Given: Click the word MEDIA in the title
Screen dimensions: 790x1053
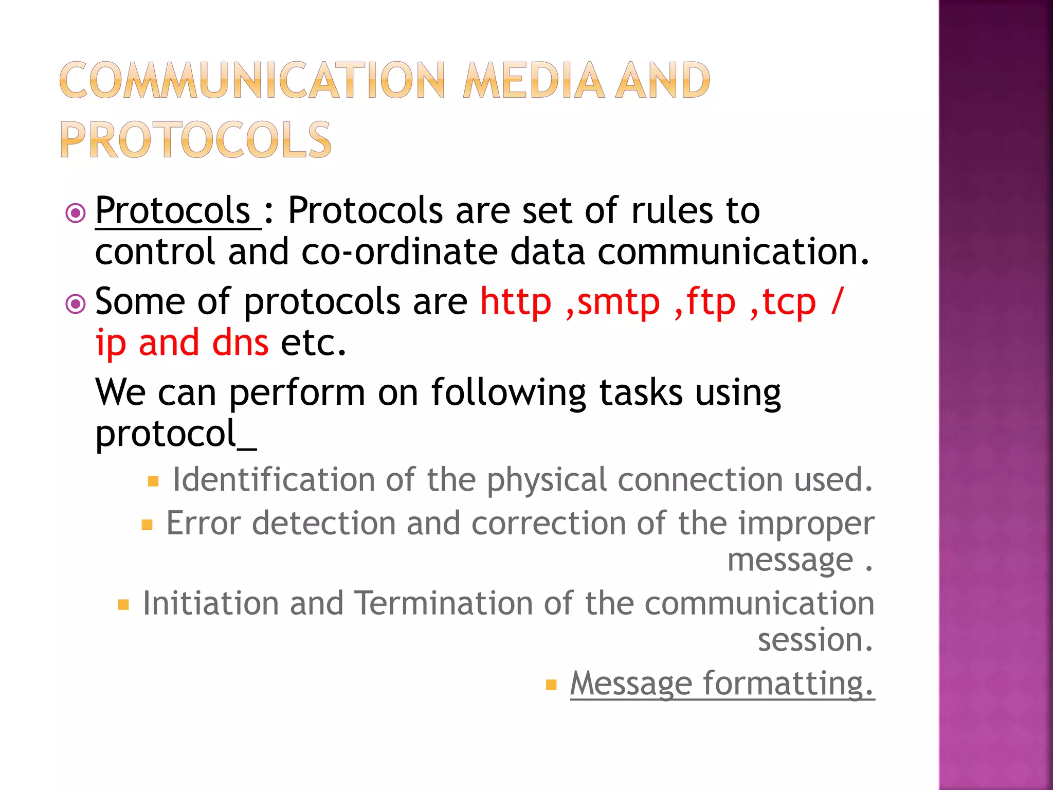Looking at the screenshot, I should pyautogui.click(x=534, y=81).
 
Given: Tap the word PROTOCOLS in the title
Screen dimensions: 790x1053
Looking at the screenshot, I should pyautogui.click(x=196, y=140).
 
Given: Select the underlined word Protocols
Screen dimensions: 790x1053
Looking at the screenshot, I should pyautogui.click(x=173, y=211).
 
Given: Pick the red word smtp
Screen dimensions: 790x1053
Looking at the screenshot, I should pyautogui.click(x=618, y=303).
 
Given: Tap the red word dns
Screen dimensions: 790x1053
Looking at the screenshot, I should pyautogui.click(x=240, y=343).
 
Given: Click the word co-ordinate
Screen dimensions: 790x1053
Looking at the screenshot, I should pyautogui.click(x=400, y=252).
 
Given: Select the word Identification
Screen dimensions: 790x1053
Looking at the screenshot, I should pyautogui.click(x=274, y=480).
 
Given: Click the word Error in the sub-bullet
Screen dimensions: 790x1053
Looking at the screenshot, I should pyautogui.click(x=204, y=524).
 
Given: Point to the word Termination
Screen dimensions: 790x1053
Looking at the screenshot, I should pyautogui.click(x=443, y=603).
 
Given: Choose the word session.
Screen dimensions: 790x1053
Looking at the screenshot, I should pyautogui.click(x=815, y=640).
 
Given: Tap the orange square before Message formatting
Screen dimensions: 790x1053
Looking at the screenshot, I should pyautogui.click(x=551, y=685).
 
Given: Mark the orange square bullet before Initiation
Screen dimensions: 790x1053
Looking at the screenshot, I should pyautogui.click(x=123, y=604).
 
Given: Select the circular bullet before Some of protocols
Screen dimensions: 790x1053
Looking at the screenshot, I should pyautogui.click(x=76, y=304).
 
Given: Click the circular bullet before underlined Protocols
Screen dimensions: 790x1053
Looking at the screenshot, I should pyautogui.click(x=76, y=212).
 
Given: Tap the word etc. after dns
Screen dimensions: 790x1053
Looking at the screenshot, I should pyautogui.click(x=313, y=343).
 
